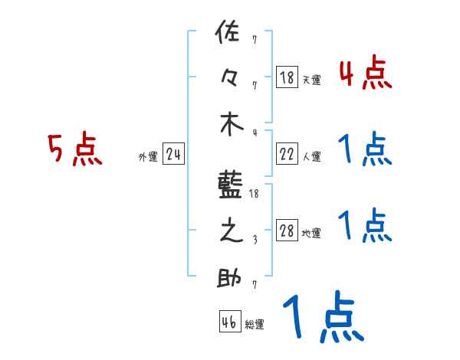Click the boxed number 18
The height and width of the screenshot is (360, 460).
point(287,77)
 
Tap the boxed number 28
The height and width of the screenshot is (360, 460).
point(287,231)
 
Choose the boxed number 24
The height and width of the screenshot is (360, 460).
point(173,155)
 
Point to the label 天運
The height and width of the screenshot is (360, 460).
point(311,80)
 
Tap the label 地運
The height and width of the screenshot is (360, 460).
point(311,234)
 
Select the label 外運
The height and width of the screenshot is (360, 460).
point(147,157)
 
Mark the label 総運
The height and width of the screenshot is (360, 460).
point(254,324)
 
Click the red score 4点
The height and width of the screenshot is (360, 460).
point(365,74)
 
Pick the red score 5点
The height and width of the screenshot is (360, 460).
point(74,149)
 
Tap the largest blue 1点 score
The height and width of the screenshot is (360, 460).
point(321,319)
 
